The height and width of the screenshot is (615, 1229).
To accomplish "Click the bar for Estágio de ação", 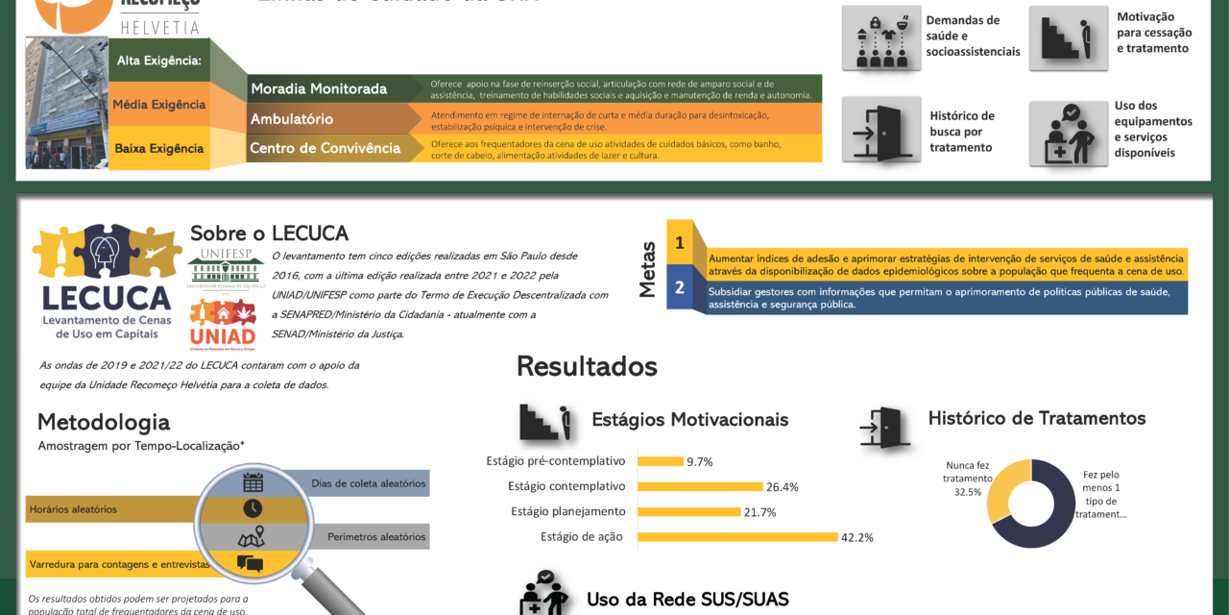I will (737, 536).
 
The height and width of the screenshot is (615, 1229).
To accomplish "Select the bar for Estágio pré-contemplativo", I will (661, 461).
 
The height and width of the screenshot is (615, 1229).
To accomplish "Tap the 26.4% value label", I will (783, 486).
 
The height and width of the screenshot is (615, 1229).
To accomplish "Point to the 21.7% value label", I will (760, 512).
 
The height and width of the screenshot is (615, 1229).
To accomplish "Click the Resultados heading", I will (587, 366).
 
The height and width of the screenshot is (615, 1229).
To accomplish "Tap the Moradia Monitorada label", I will (319, 89).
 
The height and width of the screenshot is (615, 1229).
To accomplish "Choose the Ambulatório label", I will (292, 119).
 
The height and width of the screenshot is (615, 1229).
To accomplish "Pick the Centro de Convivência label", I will (325, 148).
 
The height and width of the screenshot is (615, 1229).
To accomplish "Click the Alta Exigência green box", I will (158, 61).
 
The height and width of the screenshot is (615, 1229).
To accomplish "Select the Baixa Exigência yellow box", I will (159, 148).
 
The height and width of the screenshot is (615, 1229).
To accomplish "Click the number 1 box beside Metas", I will (679, 243).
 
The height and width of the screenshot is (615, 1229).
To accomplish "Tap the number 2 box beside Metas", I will (679, 287).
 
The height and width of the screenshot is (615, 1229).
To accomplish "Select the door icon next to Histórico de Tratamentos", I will (884, 427).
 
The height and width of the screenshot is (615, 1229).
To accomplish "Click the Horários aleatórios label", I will (73, 509).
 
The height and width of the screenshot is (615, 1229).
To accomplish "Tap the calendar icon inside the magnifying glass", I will (253, 482).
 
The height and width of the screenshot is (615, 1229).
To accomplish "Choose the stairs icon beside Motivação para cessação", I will (1067, 38).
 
